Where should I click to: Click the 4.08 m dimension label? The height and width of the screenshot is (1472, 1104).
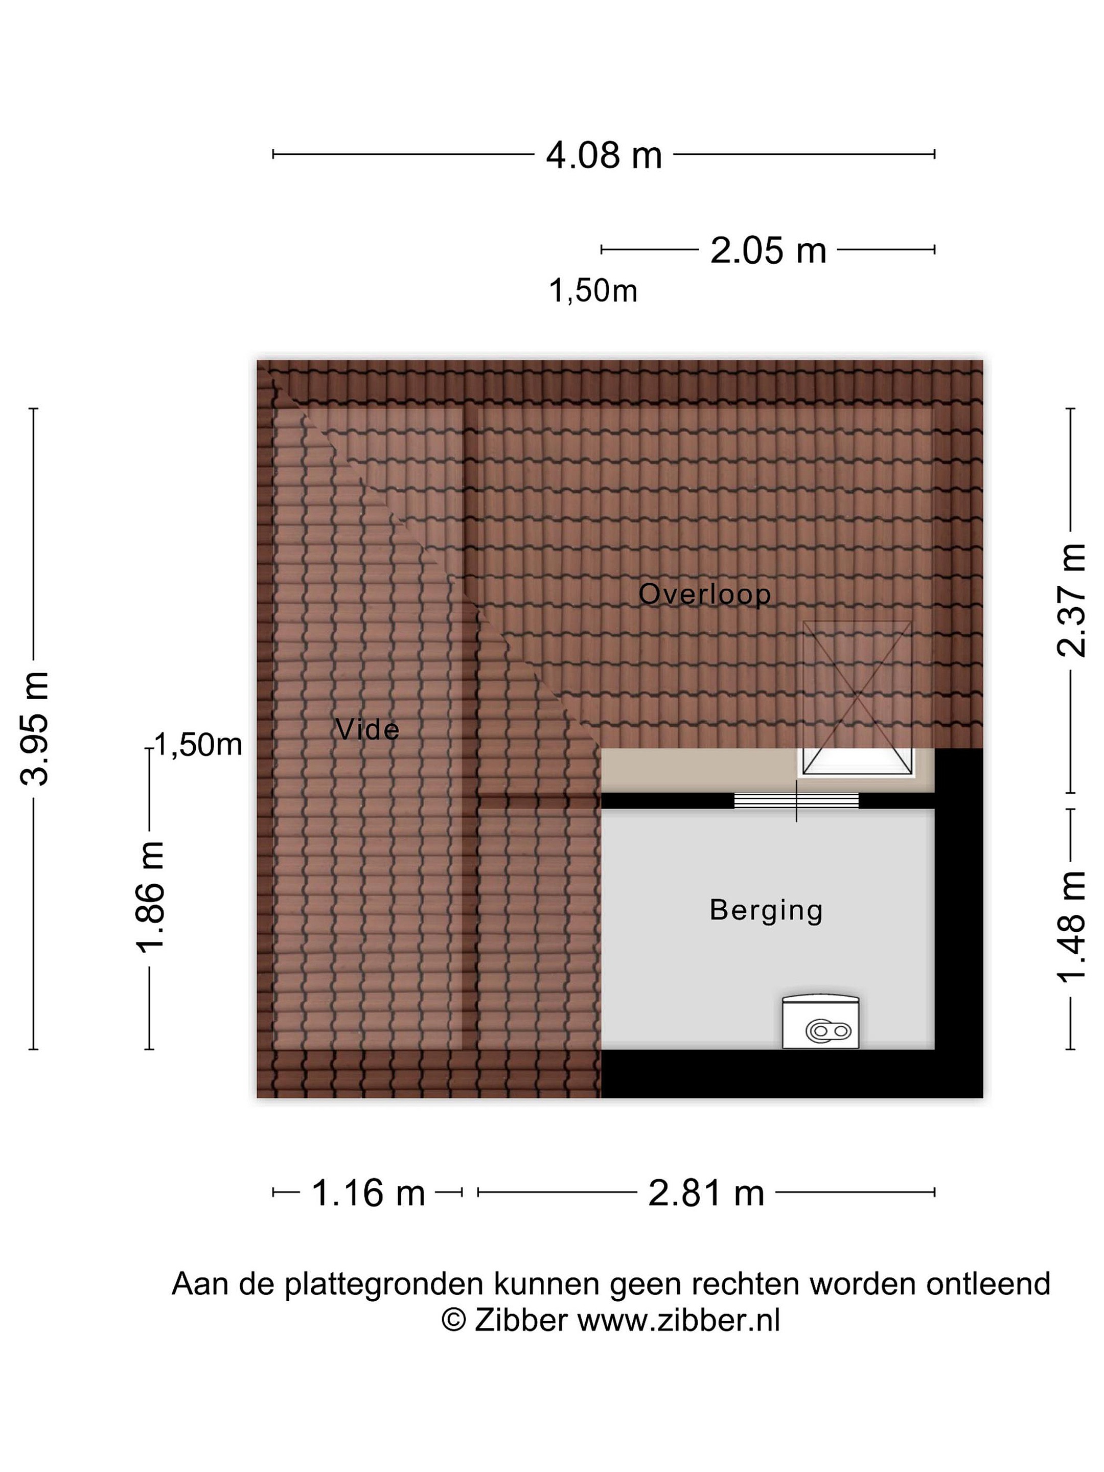[604, 155]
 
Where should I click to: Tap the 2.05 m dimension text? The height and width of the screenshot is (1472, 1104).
[768, 251]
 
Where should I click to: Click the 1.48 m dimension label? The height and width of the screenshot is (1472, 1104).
[1071, 927]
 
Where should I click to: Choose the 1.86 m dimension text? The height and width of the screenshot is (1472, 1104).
[150, 897]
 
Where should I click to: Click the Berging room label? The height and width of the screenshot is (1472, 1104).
[766, 911]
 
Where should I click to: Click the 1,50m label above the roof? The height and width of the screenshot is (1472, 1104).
[593, 291]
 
